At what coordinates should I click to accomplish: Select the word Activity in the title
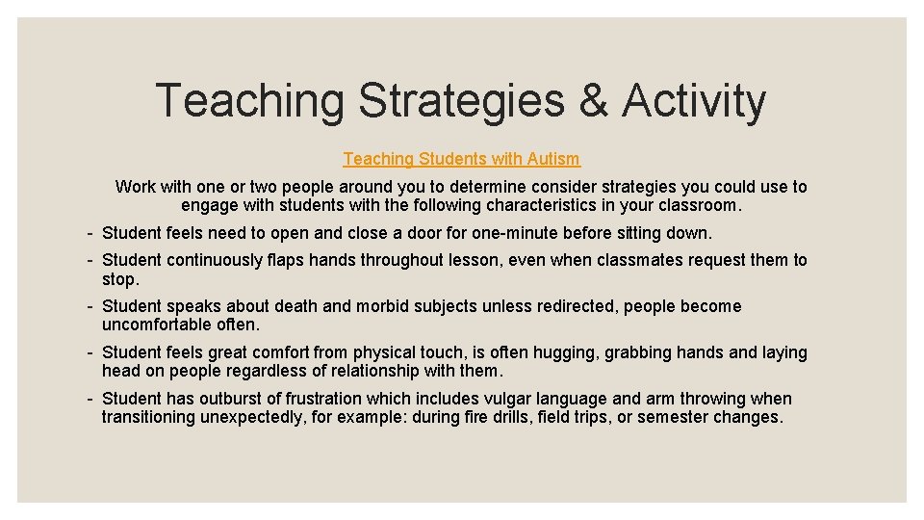(x=694, y=101)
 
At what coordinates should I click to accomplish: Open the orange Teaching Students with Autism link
(x=461, y=159)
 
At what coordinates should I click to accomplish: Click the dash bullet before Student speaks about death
(x=89, y=306)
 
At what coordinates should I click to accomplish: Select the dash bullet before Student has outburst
(x=89, y=399)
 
